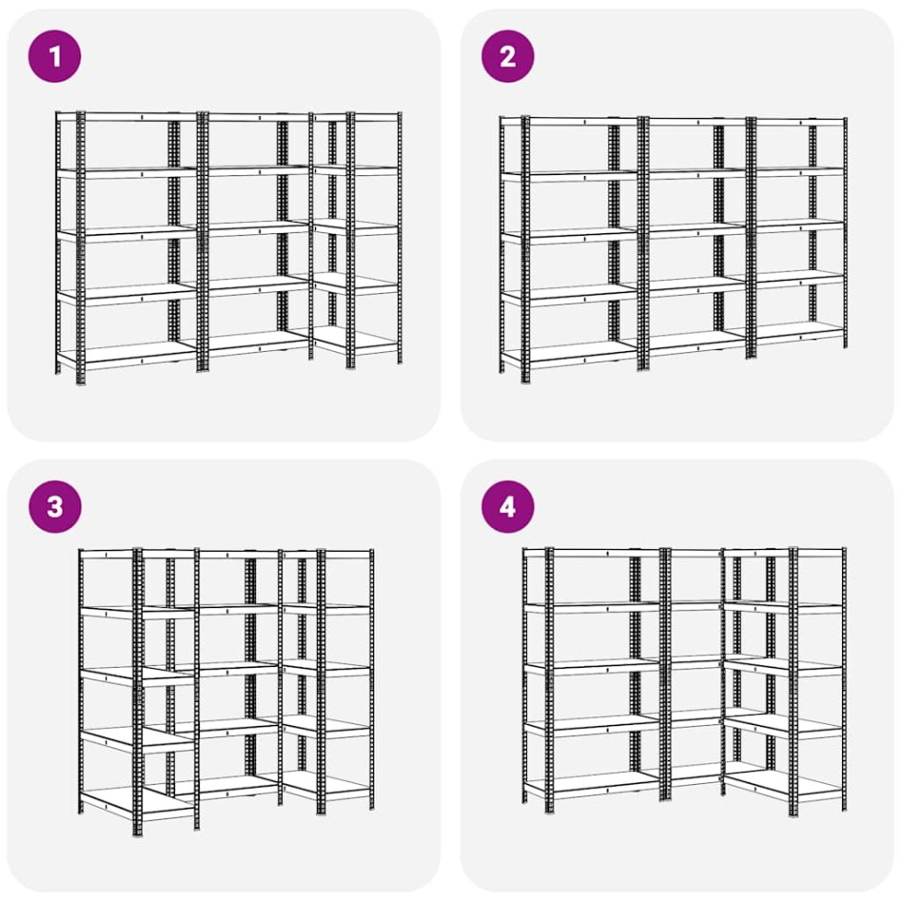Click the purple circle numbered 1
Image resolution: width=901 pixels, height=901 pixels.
click(x=55, y=56)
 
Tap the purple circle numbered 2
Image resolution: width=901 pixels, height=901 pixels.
click(x=507, y=56)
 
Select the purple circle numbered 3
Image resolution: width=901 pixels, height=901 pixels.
click(x=55, y=506)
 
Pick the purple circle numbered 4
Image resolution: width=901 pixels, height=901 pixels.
click(x=507, y=506)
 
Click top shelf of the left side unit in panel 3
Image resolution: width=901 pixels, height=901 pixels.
click(x=109, y=554)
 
